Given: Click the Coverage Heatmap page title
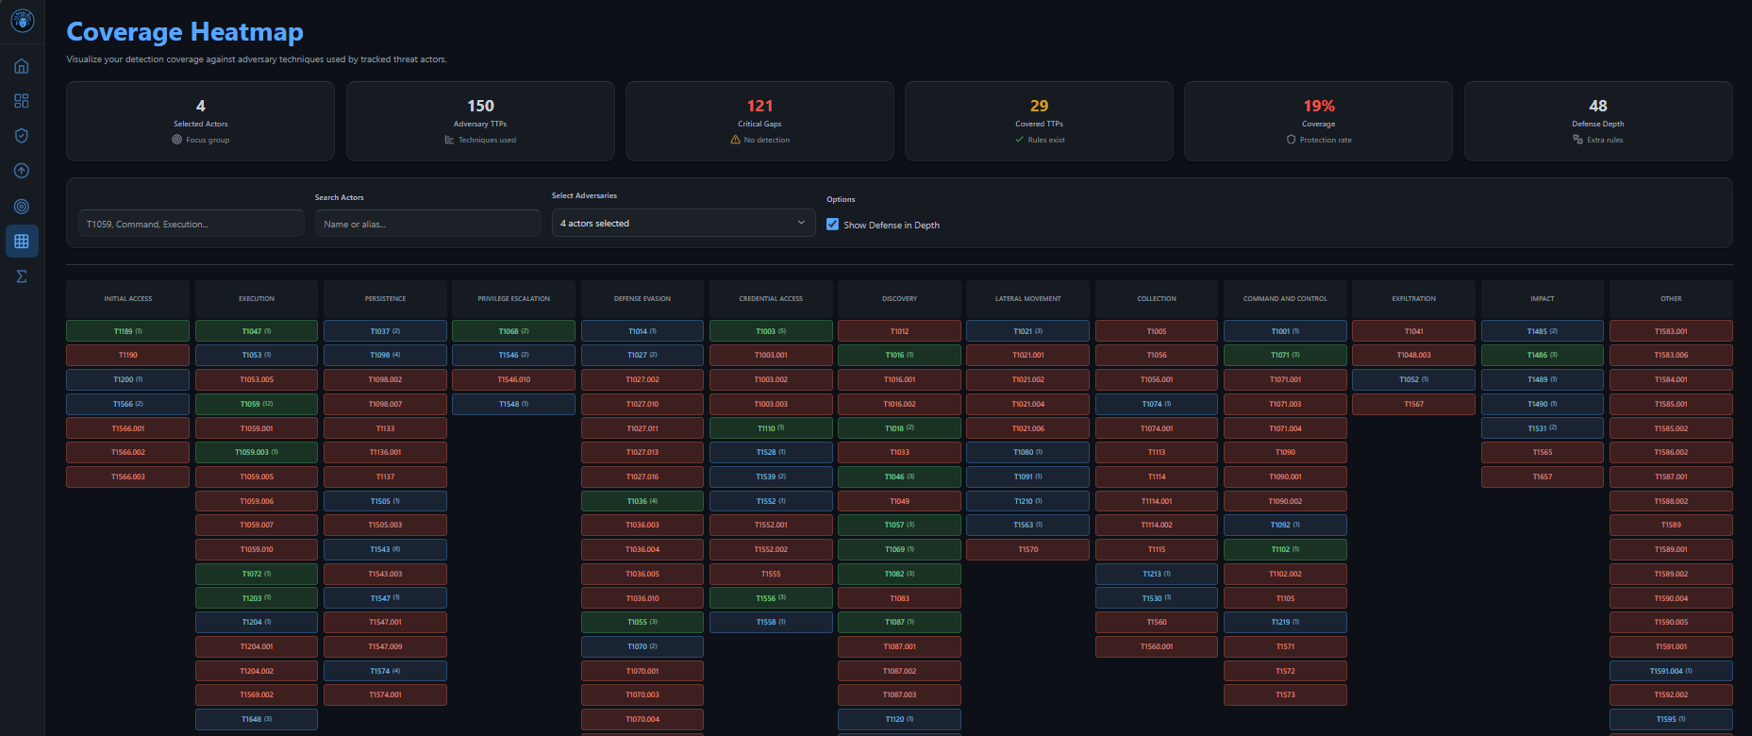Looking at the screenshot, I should point(185,32).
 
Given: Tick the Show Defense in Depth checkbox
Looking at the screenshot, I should point(832,225).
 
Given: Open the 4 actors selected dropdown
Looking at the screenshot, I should point(683,224).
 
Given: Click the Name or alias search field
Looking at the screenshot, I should point(427,225).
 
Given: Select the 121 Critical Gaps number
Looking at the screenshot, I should point(759,106).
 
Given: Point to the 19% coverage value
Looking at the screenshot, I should point(1318,106).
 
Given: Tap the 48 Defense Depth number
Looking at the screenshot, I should point(1597,106).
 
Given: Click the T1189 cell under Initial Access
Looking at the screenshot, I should point(127,331).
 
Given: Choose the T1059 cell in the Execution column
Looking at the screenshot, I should point(256,404).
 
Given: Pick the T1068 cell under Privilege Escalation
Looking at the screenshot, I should point(513,331).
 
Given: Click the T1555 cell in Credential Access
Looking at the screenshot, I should point(771,574).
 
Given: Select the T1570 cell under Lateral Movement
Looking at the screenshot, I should point(1027,549).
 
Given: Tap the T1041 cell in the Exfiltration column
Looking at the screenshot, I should point(1413,331).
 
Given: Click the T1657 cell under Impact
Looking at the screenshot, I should point(1542,477).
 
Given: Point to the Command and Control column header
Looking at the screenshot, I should point(1284,299).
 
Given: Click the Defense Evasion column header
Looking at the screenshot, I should point(642,299).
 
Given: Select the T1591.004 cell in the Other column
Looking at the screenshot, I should point(1670,671).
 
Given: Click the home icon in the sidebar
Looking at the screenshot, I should point(22,66).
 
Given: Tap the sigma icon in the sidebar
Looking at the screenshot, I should point(22,276).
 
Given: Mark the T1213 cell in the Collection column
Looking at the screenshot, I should point(1156,574).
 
